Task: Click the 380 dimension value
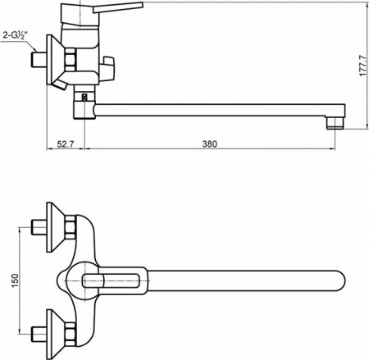[208, 144]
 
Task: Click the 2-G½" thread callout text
[16, 35]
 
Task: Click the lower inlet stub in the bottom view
[37, 334]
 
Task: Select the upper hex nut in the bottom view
[71, 225]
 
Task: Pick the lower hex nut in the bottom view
[71, 334]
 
